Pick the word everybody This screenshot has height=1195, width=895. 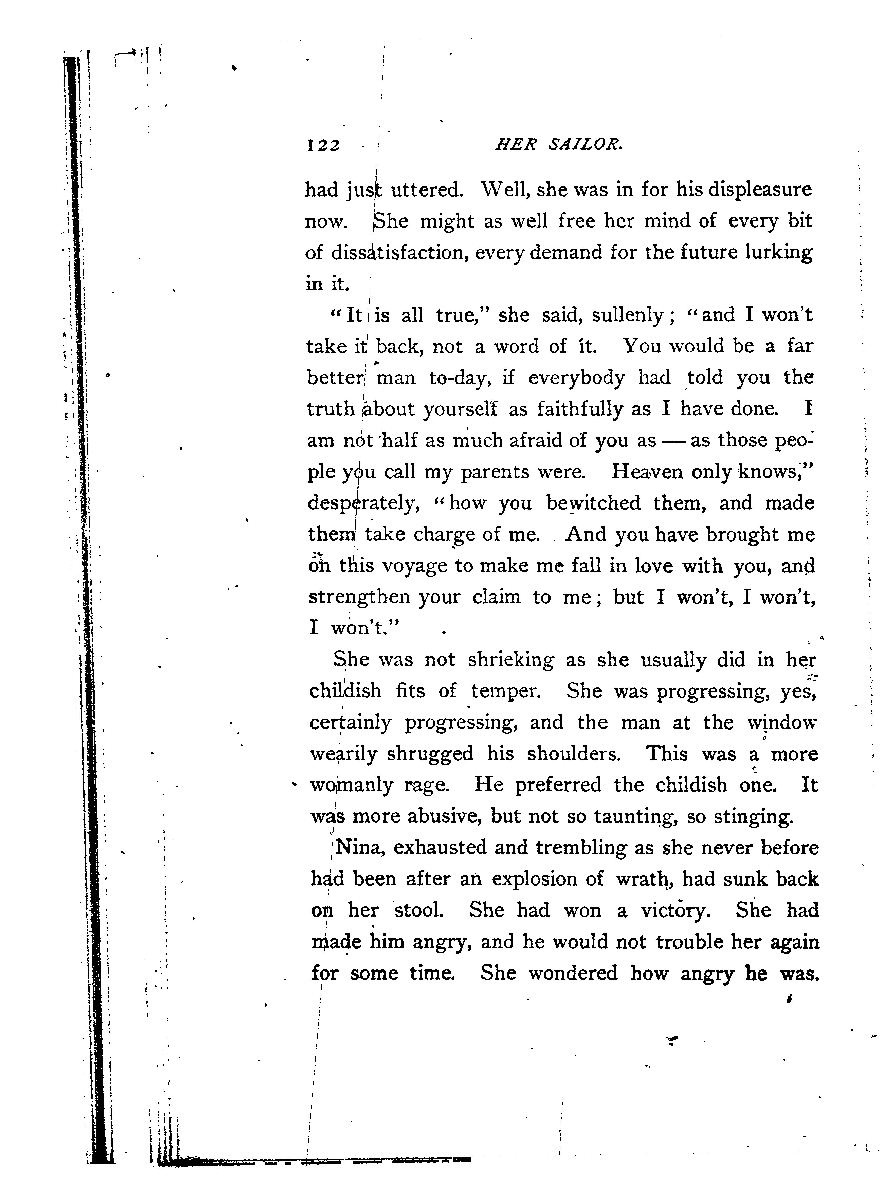(x=576, y=378)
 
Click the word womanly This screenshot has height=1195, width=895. (x=351, y=785)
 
